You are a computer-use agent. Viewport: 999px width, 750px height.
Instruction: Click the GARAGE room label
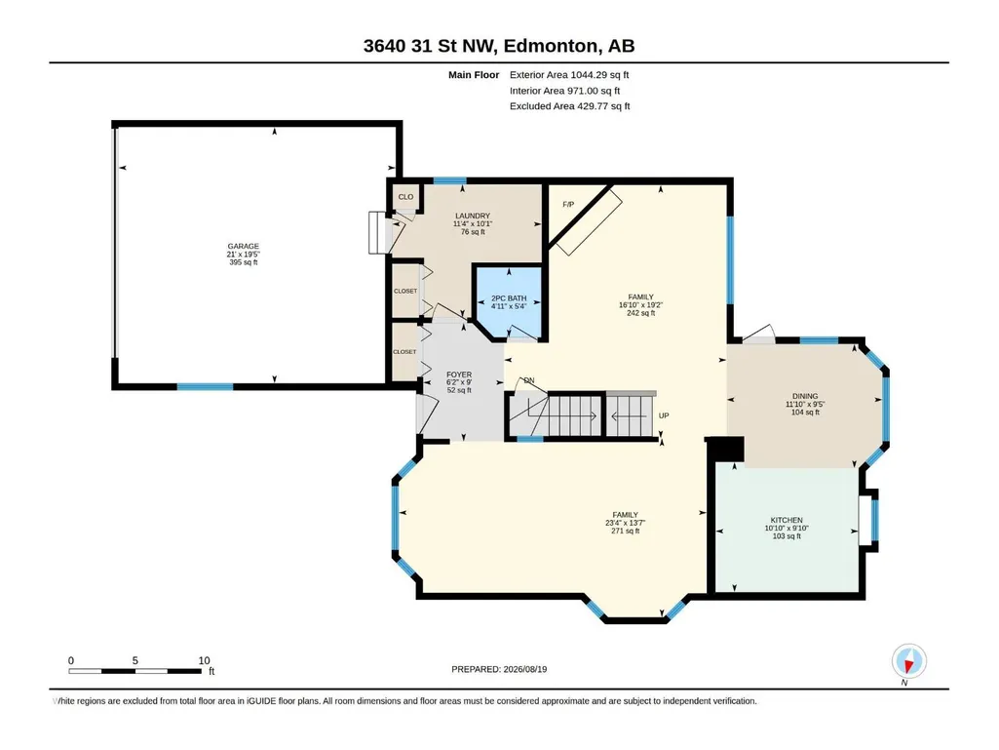244,246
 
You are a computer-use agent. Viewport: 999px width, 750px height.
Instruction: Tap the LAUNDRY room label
473,217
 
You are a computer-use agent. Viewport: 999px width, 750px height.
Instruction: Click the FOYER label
459,375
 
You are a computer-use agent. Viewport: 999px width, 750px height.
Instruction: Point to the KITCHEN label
787,521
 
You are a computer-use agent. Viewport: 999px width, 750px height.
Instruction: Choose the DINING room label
805,396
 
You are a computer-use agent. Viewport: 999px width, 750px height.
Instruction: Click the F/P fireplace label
568,204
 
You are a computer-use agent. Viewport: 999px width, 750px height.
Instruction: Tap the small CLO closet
405,196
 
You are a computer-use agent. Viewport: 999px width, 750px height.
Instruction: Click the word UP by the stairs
664,415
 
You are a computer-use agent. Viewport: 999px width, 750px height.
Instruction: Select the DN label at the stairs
529,380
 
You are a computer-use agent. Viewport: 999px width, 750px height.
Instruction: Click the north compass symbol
909,661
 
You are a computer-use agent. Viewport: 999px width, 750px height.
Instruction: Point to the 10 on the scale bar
204,660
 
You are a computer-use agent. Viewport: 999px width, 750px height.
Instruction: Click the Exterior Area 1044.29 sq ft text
569,75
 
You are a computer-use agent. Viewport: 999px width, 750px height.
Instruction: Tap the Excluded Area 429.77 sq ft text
569,106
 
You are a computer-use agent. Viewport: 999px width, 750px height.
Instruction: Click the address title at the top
499,46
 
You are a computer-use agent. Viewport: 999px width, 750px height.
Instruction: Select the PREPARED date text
499,669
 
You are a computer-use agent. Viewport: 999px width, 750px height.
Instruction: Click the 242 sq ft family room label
641,313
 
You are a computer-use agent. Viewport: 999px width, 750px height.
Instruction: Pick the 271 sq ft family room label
626,531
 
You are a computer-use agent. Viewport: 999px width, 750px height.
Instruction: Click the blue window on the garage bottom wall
205,386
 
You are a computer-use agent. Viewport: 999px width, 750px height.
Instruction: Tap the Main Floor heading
474,75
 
